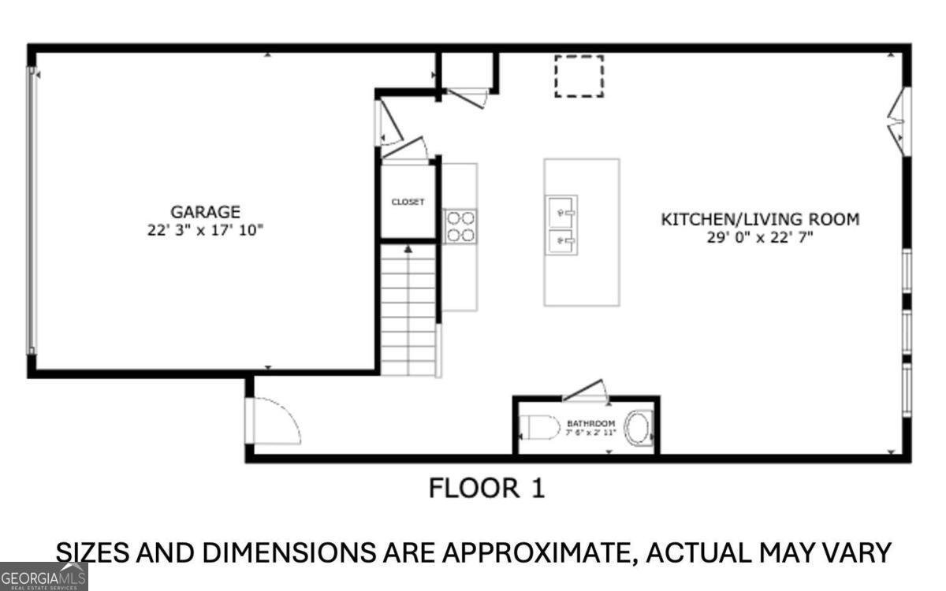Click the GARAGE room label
(x=205, y=212)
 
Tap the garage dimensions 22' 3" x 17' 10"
(x=205, y=230)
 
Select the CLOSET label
(x=408, y=203)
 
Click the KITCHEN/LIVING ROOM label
(x=760, y=220)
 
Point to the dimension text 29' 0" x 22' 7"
(x=760, y=238)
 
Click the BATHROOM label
(x=590, y=423)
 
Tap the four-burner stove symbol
(x=460, y=226)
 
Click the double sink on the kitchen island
(x=561, y=225)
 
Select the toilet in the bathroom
(x=539, y=427)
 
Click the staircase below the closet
(x=409, y=310)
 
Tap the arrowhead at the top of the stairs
(x=408, y=249)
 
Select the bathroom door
(x=585, y=391)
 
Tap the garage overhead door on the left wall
(x=32, y=210)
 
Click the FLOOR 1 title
(x=486, y=489)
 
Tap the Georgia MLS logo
(x=43, y=577)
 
